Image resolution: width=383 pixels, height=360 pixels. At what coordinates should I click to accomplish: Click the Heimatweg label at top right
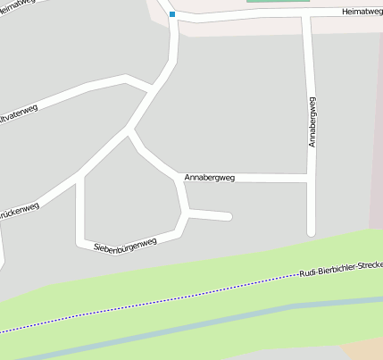tap(362, 13)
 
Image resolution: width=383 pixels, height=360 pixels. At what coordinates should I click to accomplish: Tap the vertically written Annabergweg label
tap(312, 121)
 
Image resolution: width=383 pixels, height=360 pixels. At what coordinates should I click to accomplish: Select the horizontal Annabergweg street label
tap(209, 178)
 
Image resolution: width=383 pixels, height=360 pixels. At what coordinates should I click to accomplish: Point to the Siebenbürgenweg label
tap(125, 242)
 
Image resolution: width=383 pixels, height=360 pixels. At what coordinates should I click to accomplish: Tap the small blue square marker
tap(172, 14)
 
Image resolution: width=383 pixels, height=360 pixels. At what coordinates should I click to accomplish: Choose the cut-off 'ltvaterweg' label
tap(21, 113)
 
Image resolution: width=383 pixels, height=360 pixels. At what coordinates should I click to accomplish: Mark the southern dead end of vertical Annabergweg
tap(312, 232)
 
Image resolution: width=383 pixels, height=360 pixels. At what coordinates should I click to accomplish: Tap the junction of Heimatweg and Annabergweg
tap(307, 16)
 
